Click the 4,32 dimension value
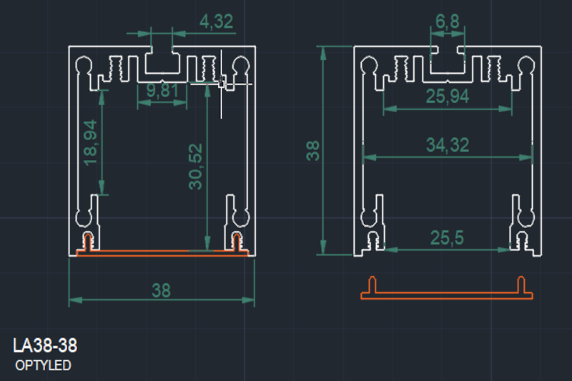point(216,22)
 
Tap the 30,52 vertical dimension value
point(195,167)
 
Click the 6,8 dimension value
point(448,22)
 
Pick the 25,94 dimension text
point(448,97)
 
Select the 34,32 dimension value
point(448,145)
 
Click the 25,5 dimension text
point(447,238)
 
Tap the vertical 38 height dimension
point(312,151)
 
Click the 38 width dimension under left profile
point(162,290)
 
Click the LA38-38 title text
point(45,346)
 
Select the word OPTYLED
point(44,366)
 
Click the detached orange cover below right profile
point(448,294)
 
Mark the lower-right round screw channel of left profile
point(241,214)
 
